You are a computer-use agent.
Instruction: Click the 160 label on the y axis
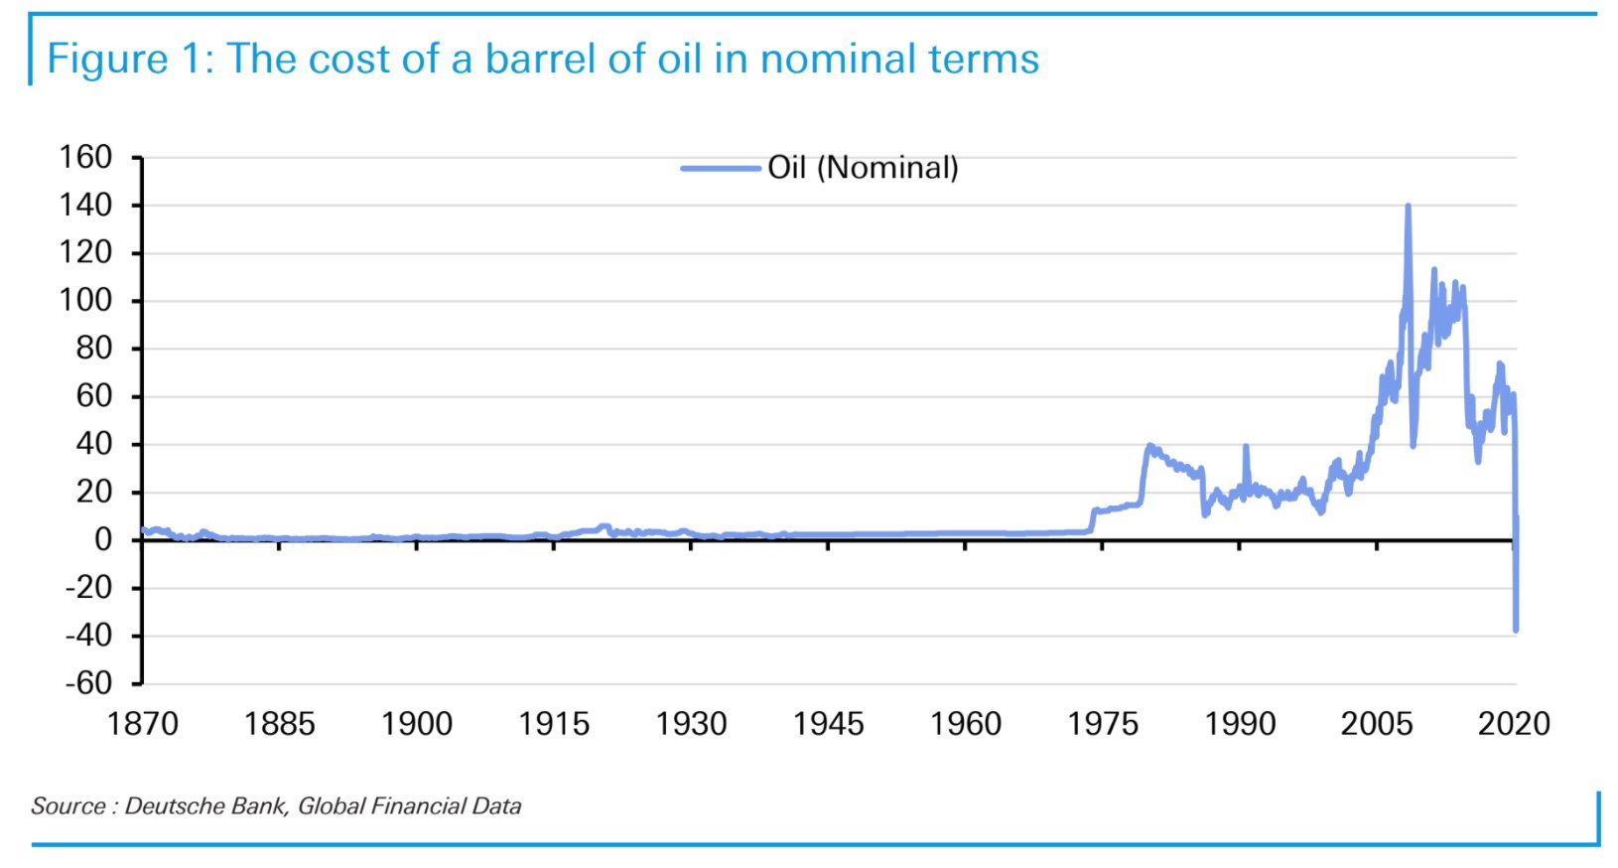pos(85,157)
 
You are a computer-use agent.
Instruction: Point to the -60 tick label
pos(88,683)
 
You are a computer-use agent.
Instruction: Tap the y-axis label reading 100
pos(85,300)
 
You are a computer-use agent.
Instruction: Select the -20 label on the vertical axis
pos(88,588)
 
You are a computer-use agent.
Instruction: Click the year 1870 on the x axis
pos(142,723)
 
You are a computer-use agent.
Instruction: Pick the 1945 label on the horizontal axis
pos(829,723)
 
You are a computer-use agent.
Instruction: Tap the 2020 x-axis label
pos(1514,723)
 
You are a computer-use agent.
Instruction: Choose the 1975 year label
pos(1103,723)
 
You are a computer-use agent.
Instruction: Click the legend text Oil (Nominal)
pos(863,168)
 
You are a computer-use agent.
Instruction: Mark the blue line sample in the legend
pos(720,169)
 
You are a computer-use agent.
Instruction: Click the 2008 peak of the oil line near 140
pos(1408,206)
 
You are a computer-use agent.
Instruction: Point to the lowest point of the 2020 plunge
pos(1516,631)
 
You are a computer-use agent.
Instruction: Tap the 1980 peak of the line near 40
pos(1149,446)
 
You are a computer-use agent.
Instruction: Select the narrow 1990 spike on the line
pos(1246,447)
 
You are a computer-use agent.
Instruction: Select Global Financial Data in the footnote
pos(410,805)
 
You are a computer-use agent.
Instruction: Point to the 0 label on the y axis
pos(103,540)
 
